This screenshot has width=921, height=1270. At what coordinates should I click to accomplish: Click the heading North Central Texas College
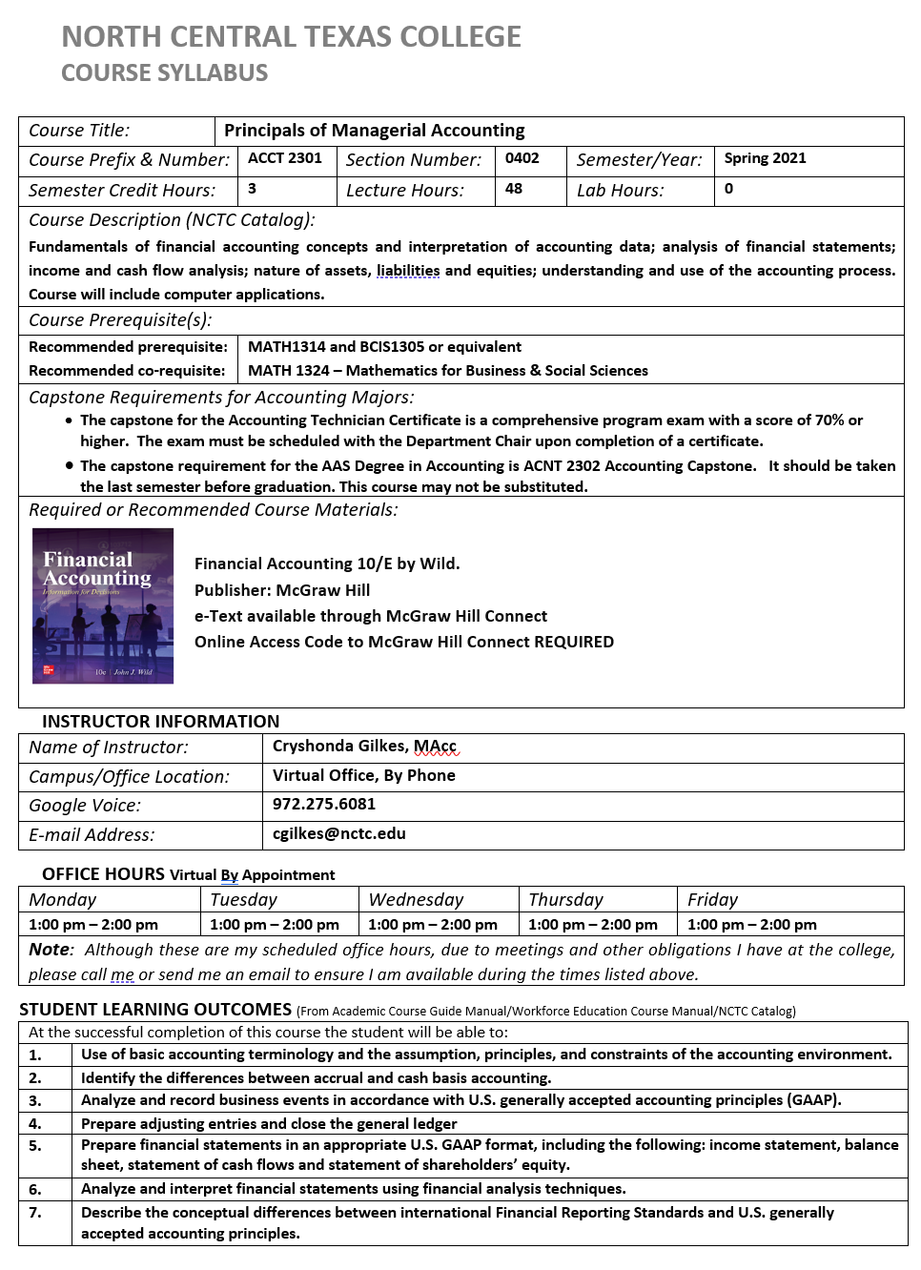[291, 37]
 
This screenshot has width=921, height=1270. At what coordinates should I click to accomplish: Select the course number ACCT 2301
[285, 158]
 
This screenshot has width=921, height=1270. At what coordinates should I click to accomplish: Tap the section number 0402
[522, 158]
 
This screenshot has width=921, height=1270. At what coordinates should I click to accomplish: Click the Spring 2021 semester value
[765, 158]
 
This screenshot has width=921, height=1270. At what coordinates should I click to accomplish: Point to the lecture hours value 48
[514, 189]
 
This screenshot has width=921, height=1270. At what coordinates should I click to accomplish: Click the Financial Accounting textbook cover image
[103, 605]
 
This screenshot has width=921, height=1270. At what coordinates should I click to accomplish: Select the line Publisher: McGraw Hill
[282, 590]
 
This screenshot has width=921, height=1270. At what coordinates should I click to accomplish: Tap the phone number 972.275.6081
[324, 804]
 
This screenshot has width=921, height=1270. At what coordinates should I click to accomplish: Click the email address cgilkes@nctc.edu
[339, 833]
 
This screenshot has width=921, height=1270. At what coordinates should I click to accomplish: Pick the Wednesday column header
[416, 899]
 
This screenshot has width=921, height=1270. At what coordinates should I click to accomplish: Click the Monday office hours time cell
[93, 924]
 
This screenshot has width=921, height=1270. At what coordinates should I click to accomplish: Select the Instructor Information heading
[161, 721]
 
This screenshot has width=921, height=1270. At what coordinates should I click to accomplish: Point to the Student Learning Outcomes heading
[155, 1009]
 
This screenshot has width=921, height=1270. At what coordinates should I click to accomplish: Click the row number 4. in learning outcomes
[35, 1123]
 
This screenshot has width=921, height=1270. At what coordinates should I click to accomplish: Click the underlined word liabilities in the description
[408, 271]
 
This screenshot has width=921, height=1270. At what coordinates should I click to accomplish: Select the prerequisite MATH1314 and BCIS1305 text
[384, 346]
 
